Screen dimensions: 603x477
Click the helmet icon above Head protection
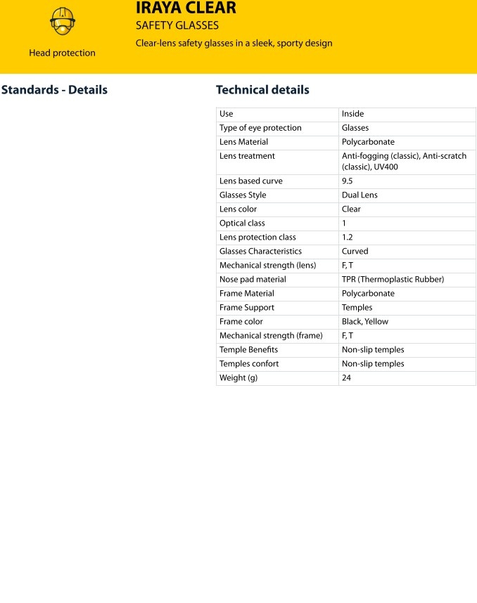pos(62,21)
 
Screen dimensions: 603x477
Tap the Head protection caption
pos(62,53)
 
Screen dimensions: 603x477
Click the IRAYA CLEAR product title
pos(186,8)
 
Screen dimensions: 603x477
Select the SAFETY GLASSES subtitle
pos(177,26)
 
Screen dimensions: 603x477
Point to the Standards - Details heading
pos(54,90)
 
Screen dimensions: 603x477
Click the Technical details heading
pos(262,90)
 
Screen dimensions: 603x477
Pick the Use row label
pos(227,114)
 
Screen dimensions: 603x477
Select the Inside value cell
pos(352,114)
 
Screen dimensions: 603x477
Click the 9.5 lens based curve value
pos(348,181)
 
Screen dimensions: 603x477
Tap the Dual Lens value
pos(360,195)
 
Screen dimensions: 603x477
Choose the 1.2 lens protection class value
pos(348,238)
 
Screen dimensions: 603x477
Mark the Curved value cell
pos(355,252)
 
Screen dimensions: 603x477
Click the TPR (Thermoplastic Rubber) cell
pos(393,280)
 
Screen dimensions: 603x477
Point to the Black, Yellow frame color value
pos(364,322)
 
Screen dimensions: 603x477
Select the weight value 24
pos(346,378)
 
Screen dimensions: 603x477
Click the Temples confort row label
pos(249,364)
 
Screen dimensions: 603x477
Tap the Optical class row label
pos(242,223)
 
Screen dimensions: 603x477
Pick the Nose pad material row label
pos(253,280)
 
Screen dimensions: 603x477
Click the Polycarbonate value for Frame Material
pos(368,294)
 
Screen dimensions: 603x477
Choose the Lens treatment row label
pos(247,156)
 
